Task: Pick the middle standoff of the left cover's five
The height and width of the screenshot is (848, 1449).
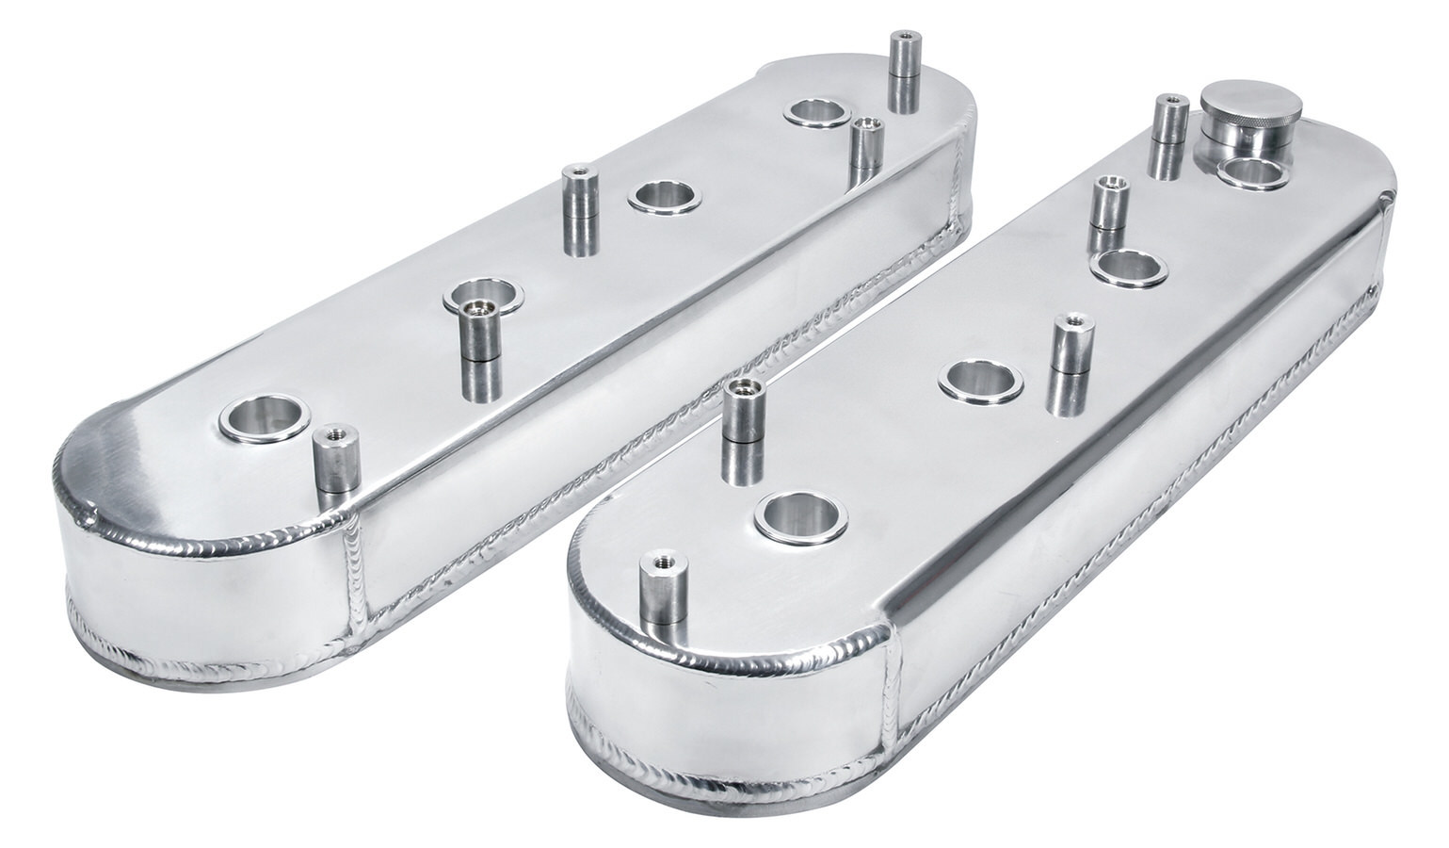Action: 580,209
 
